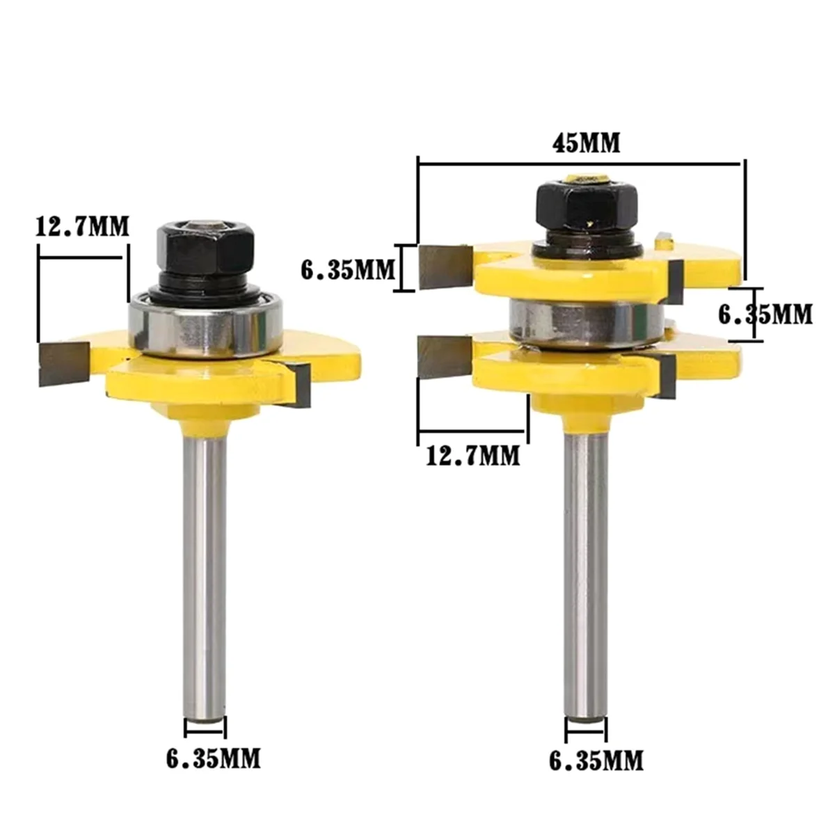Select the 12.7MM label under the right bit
(472, 456)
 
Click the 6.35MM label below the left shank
(213, 758)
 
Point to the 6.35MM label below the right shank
(596, 761)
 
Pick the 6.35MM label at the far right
(765, 315)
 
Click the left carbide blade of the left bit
(64, 363)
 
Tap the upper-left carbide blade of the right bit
(443, 267)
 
